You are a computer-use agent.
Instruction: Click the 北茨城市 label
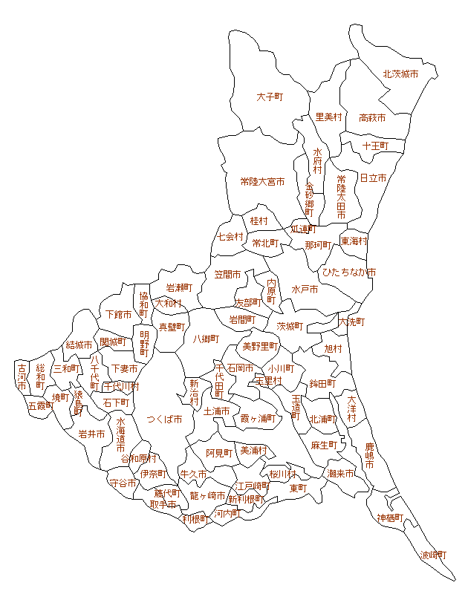400,74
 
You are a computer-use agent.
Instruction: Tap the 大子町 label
271,97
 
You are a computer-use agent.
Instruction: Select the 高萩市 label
372,118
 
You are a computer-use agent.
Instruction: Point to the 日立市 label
373,178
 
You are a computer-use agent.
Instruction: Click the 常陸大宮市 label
262,181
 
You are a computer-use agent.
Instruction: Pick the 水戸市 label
305,289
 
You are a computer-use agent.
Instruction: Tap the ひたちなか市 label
348,272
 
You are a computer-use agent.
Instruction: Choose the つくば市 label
164,419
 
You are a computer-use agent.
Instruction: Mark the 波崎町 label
434,555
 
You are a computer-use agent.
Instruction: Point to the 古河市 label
22,377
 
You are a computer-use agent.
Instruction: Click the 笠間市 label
228,274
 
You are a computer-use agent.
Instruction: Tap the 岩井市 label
91,434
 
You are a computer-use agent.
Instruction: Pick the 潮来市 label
340,473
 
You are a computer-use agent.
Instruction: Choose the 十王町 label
375,146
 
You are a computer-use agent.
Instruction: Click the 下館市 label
119,315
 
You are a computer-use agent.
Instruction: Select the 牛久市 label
192,474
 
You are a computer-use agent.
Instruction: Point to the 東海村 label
354,241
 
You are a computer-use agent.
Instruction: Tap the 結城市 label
79,345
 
